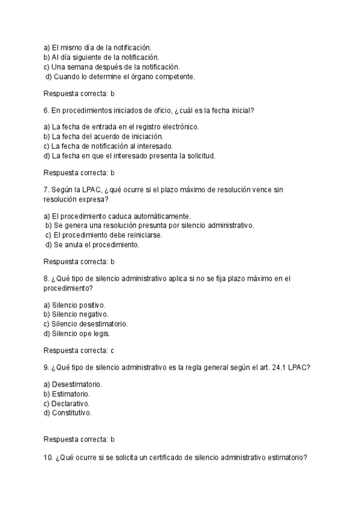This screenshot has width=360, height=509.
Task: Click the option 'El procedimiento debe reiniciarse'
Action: click(107, 235)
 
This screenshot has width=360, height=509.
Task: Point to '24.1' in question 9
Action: click(284, 367)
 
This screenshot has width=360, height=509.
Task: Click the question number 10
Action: click(49, 458)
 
